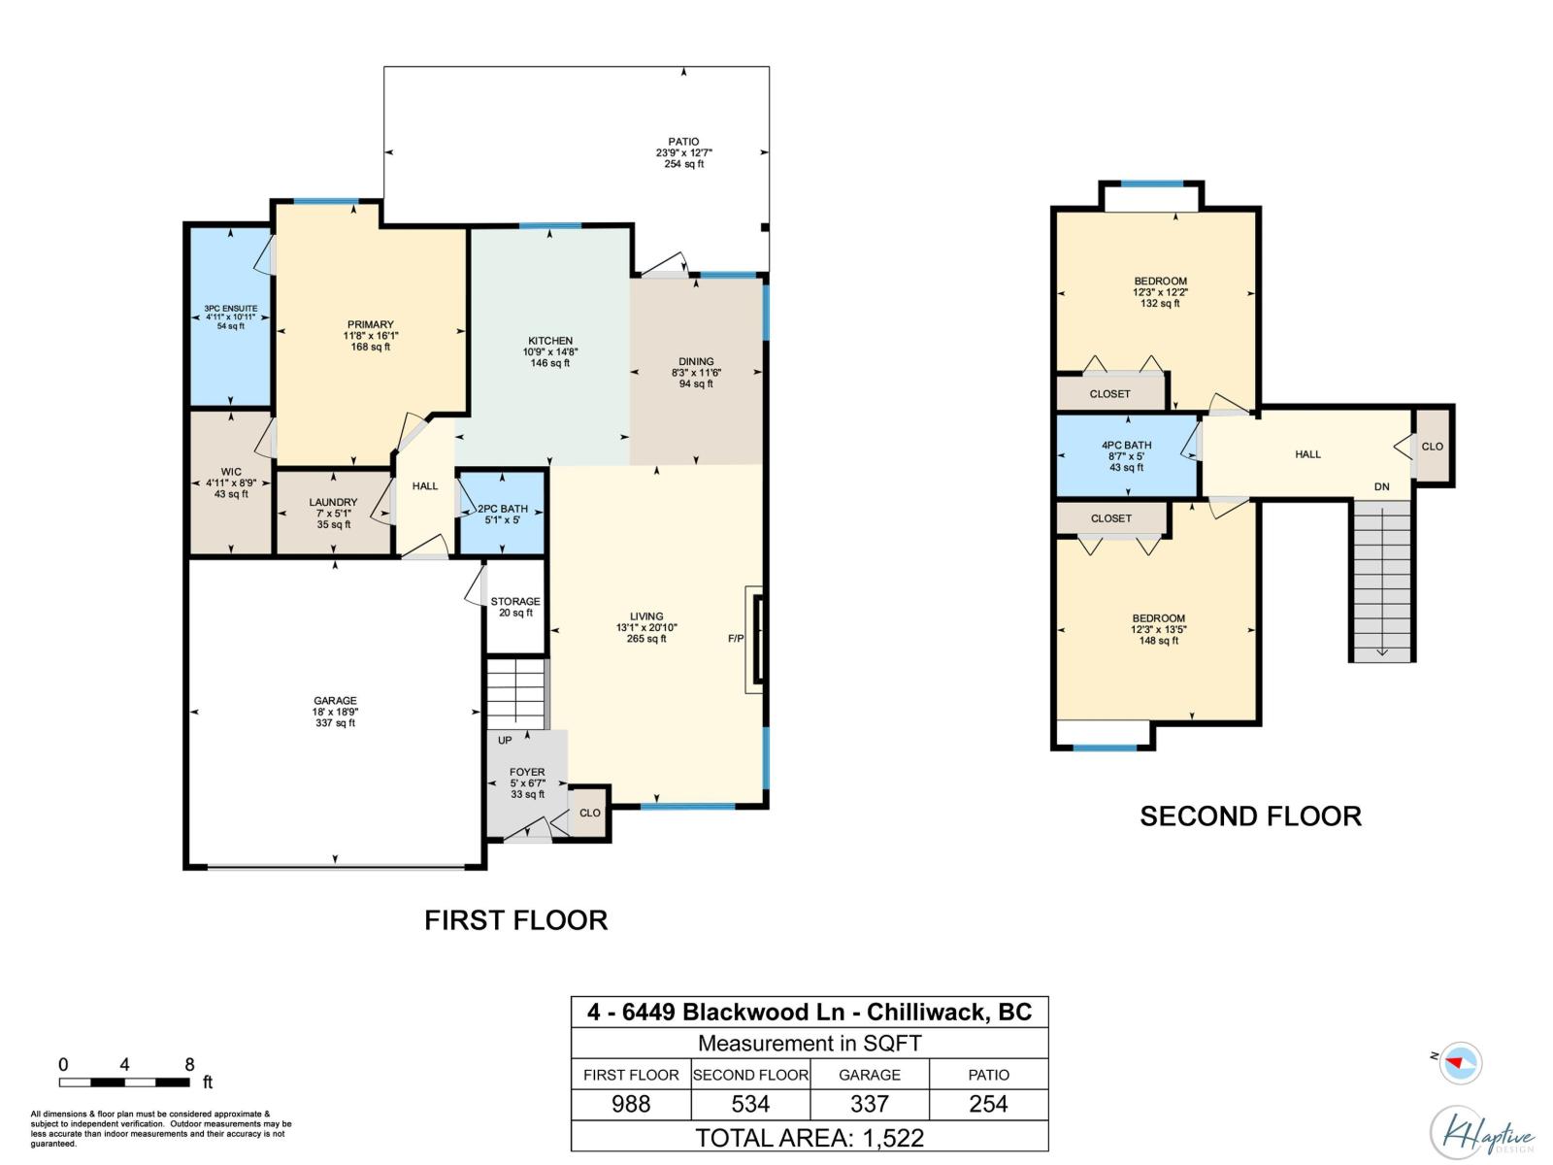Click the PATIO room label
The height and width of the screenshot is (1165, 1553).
click(x=683, y=142)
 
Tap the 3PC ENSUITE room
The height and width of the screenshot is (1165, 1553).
click(x=230, y=316)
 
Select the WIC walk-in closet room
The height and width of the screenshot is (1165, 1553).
click(x=231, y=483)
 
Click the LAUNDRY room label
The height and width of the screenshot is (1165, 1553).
click(x=333, y=503)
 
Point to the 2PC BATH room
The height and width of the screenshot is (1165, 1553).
click(x=502, y=514)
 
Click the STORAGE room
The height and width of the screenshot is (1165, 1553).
click(x=514, y=607)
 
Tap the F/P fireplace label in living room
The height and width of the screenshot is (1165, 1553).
click(x=736, y=639)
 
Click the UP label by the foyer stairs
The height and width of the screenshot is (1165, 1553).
click(x=505, y=741)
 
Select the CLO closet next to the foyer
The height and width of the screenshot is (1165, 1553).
click(x=589, y=813)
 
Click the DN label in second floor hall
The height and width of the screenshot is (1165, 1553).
click(x=1381, y=486)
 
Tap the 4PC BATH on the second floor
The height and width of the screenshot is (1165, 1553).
click(x=1126, y=456)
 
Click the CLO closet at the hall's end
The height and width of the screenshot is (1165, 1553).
click(x=1432, y=447)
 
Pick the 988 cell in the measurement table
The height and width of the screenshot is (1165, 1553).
click(x=631, y=1104)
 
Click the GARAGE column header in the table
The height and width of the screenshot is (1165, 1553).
click(x=869, y=1075)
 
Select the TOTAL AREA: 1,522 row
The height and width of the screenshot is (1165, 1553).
click(x=810, y=1137)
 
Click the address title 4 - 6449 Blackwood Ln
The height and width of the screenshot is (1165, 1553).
click(x=810, y=1012)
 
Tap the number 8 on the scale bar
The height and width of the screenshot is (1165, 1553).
click(x=189, y=1064)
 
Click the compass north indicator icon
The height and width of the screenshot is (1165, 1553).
click(x=1458, y=1063)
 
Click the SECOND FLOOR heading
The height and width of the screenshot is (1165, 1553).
click(x=1250, y=816)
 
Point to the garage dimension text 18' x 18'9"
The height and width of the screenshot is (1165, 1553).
click(x=335, y=712)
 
